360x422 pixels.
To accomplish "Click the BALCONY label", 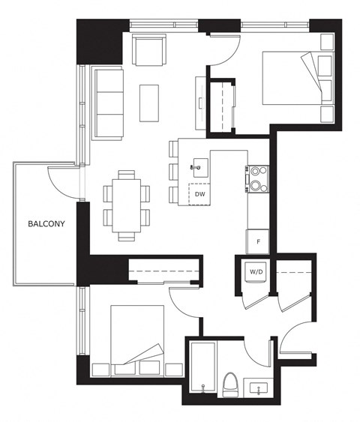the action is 46,223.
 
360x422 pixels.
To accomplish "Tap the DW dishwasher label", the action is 199,194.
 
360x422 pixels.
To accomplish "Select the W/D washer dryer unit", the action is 256,272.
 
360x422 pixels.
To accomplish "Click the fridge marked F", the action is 258,241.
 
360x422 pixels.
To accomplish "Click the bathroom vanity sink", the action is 259,388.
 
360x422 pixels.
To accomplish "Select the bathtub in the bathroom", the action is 202,367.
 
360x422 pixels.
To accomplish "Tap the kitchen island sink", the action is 200,168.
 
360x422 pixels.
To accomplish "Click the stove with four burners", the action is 258,179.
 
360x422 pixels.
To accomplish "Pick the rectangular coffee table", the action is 149,103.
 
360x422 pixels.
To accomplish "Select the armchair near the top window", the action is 149,49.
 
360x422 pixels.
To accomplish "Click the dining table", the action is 127,206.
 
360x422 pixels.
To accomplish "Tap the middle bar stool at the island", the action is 173,172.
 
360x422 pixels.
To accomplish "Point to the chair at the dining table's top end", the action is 127,175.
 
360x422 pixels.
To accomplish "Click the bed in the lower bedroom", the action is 137,340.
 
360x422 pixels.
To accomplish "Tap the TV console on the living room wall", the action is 201,103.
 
